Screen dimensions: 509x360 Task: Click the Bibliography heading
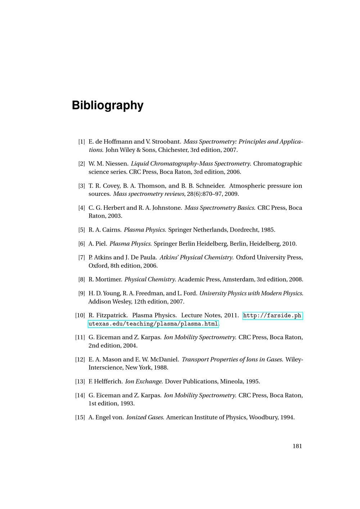pos(108,105)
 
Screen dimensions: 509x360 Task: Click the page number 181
pos(297,446)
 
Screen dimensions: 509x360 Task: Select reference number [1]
pos(82,142)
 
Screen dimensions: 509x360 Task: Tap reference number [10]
pos(80,316)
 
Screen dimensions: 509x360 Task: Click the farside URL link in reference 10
pos(272,316)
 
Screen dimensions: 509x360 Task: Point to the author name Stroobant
pos(168,142)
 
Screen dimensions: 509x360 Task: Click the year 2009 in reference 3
pos(231,194)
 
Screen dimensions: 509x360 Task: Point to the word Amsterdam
pos(239,279)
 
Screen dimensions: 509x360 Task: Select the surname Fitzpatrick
pos(112,316)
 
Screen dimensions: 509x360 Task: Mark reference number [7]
pos(82,258)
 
